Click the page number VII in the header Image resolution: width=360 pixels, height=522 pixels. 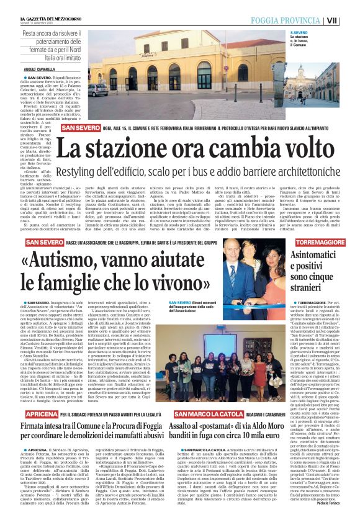point(349,20)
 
